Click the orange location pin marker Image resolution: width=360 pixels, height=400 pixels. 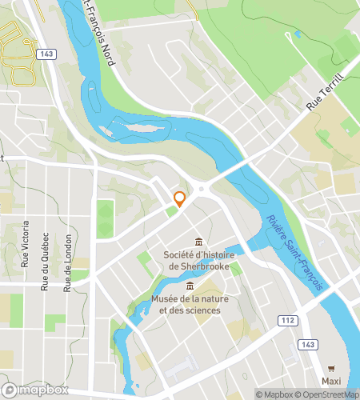(x=180, y=199)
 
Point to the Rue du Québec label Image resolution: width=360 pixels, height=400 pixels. (x=46, y=262)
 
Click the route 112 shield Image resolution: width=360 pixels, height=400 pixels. (x=289, y=321)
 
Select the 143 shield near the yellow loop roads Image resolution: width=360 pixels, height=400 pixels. (x=48, y=54)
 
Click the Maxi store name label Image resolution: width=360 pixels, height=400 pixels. (x=332, y=380)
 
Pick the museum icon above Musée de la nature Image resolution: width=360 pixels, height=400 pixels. (x=190, y=286)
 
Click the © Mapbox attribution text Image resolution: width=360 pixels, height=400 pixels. (x=274, y=394)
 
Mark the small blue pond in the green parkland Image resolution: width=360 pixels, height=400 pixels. (x=298, y=34)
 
